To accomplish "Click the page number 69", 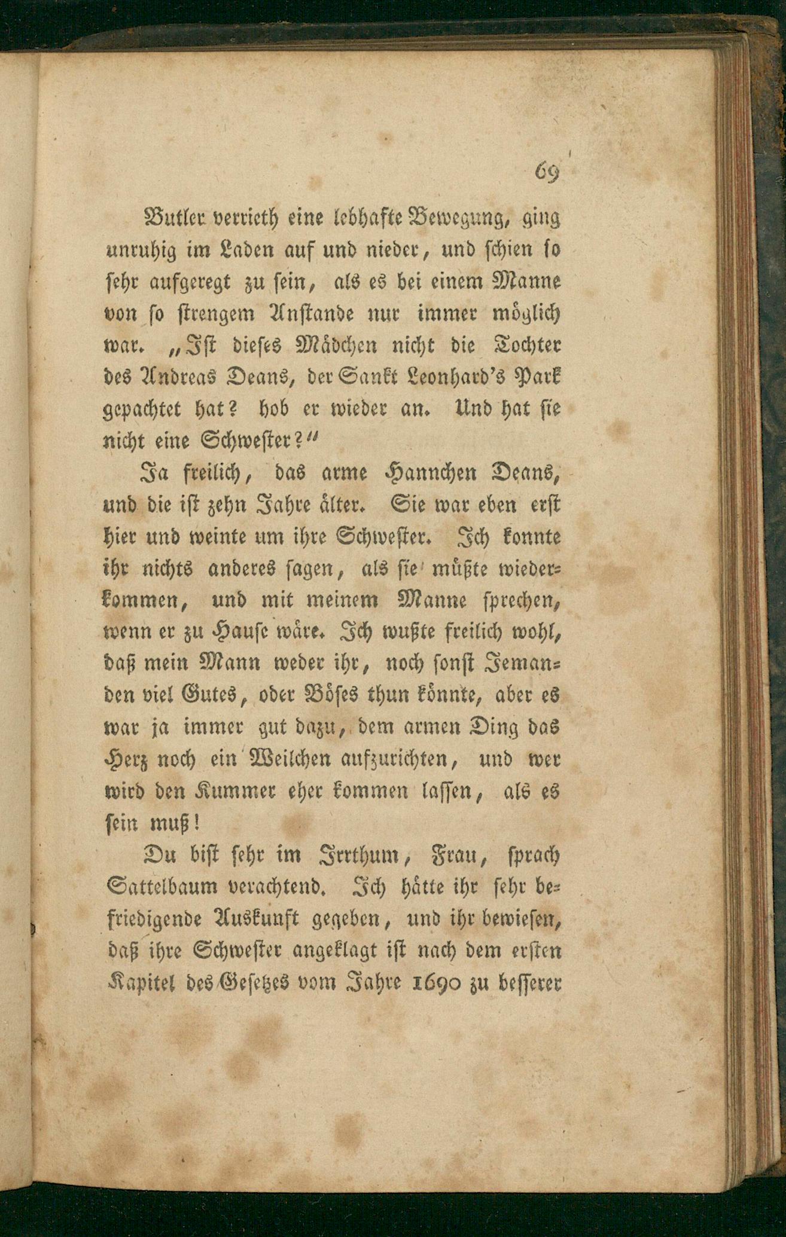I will pyautogui.click(x=546, y=173).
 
